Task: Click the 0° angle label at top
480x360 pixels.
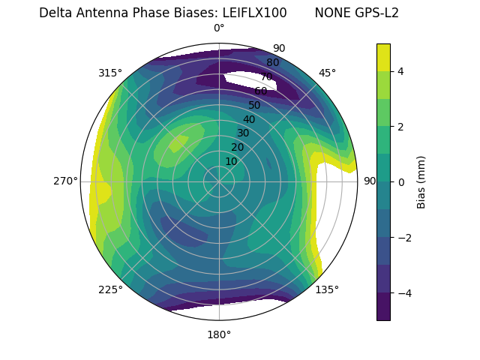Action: [219, 28]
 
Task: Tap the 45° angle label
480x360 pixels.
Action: [327, 73]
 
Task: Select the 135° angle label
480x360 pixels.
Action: [327, 289]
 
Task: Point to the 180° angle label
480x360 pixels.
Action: [219, 334]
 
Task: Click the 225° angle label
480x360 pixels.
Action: [110, 289]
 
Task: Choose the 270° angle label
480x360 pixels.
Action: [65, 181]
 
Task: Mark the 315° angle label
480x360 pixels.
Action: [110, 73]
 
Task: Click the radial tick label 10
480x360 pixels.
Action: [231, 161]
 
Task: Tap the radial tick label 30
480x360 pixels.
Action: [243, 133]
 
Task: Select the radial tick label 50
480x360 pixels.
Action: [255, 105]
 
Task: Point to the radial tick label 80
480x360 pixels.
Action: [273, 63]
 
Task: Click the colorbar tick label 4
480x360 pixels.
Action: [400, 71]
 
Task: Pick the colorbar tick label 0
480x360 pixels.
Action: [400, 182]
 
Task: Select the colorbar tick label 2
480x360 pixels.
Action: [400, 127]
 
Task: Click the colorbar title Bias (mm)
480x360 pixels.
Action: [421, 181]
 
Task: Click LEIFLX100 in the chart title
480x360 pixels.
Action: [254, 13]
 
